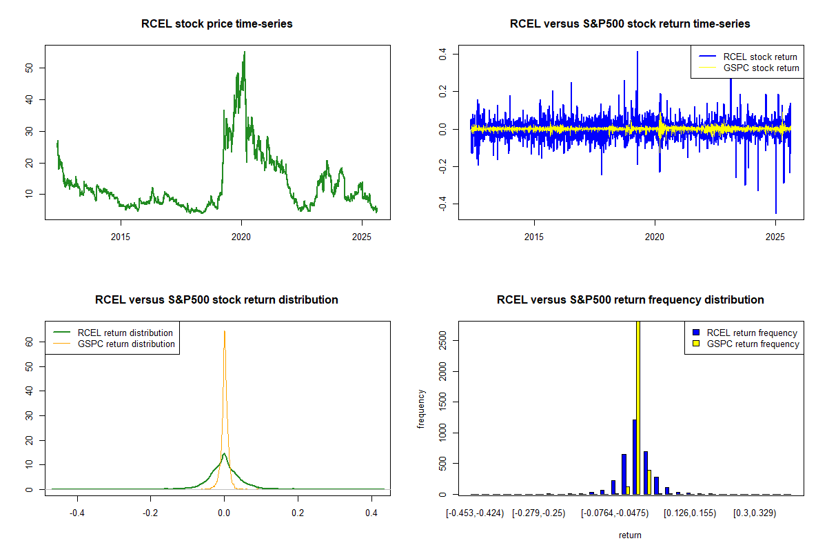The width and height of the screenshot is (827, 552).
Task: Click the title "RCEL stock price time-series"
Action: [216, 24]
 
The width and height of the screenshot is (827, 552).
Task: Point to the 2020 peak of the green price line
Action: [244, 52]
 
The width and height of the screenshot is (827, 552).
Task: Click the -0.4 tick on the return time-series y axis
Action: [443, 203]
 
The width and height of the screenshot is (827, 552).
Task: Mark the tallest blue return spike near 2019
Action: [637, 52]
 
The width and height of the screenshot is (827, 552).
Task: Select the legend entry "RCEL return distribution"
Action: [125, 333]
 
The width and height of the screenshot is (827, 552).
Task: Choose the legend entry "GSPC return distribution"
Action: [126, 344]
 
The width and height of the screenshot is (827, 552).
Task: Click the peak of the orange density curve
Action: [224, 331]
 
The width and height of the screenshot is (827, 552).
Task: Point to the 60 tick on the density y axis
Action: [30, 341]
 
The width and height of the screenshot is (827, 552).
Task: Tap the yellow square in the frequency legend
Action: [697, 344]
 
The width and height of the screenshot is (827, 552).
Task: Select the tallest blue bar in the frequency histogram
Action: [634, 456]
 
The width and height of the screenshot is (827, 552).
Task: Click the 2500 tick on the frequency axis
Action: [443, 340]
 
